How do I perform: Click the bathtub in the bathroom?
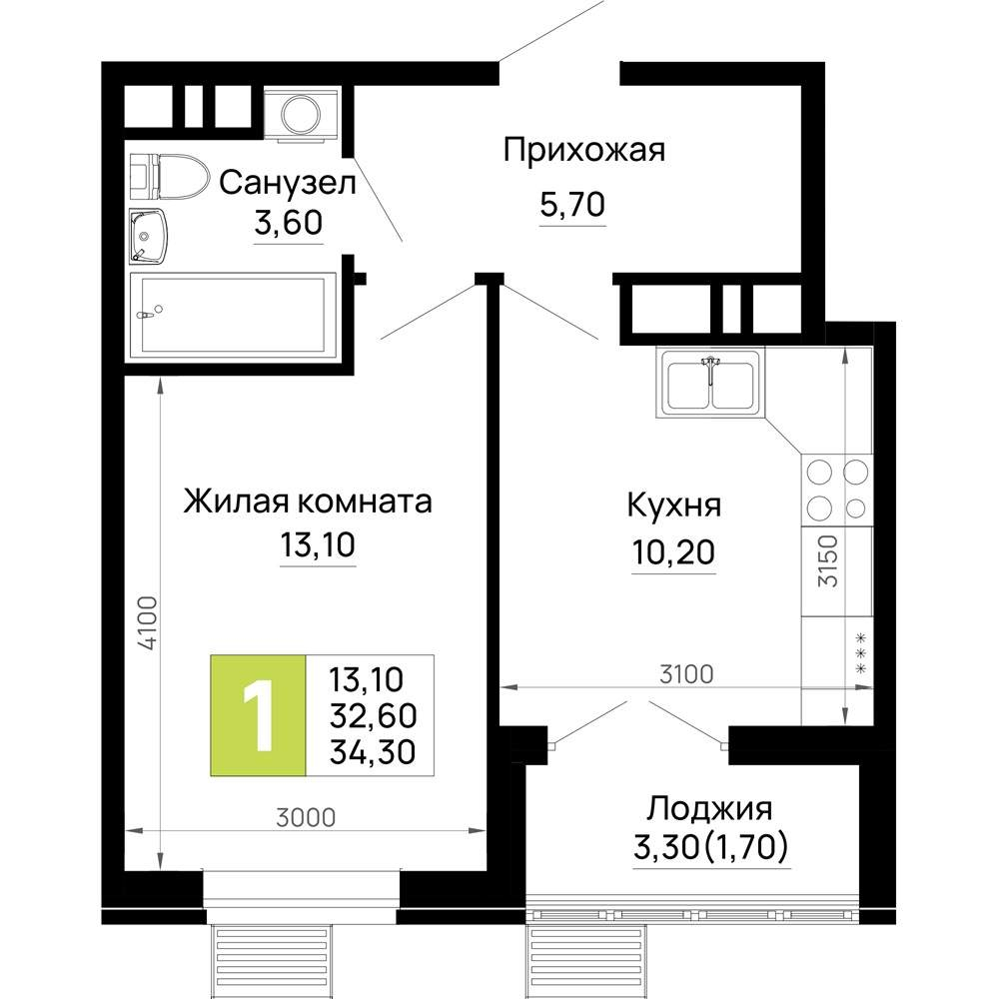pyautogui.click(x=232, y=315)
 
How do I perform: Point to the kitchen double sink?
pyautogui.click(x=711, y=384)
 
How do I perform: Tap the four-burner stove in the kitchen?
pyautogui.click(x=836, y=489)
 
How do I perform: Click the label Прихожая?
pyautogui.click(x=583, y=152)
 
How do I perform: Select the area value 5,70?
pyautogui.click(x=572, y=206)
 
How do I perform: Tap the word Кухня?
pyautogui.click(x=673, y=504)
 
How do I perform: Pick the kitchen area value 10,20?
pyautogui.click(x=673, y=550)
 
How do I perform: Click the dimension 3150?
pyautogui.click(x=825, y=563)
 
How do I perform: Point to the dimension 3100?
pyautogui.click(x=685, y=674)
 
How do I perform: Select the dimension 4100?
pyautogui.click(x=146, y=624)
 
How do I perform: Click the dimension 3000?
pyautogui.click(x=305, y=817)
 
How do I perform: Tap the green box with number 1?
pyautogui.click(x=258, y=715)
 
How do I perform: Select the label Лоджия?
pyautogui.click(x=710, y=807)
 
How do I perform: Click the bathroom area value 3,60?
pyautogui.click(x=288, y=223)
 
